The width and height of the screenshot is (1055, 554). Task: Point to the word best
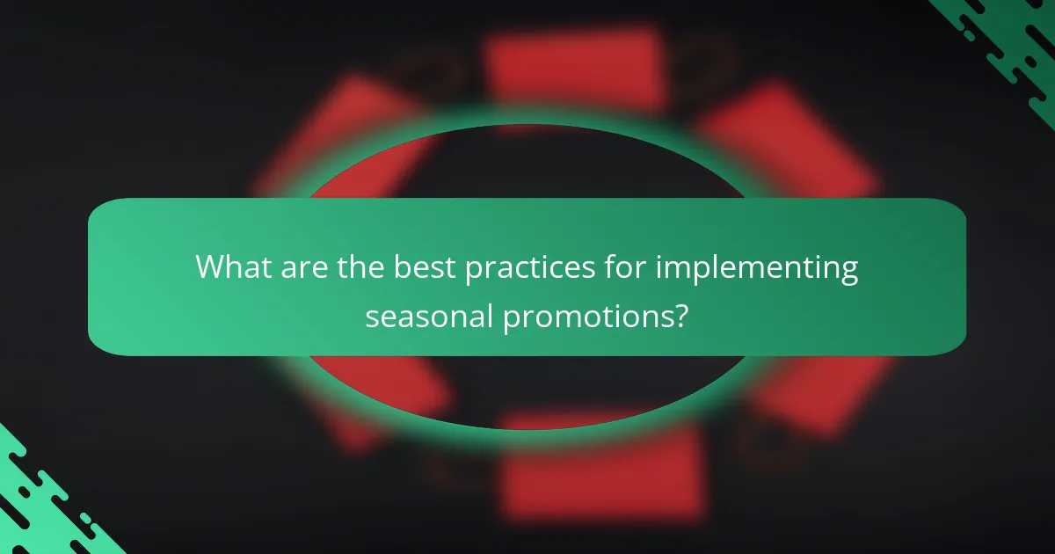(423, 266)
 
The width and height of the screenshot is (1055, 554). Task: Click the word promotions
(587, 317)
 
